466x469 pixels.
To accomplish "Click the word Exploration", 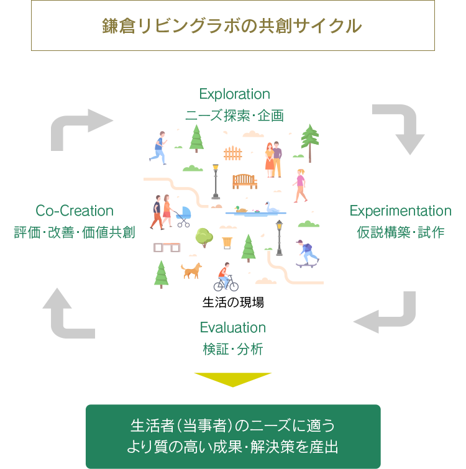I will pyautogui.click(x=234, y=94).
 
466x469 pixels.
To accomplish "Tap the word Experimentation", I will pyautogui.click(x=400, y=211).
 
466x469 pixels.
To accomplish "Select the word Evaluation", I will pyautogui.click(x=233, y=327).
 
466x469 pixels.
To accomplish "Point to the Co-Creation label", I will pyautogui.click(x=75, y=211).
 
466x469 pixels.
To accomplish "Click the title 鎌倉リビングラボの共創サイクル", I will pyautogui.click(x=232, y=26).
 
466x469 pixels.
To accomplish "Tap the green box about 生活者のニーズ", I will pyautogui.click(x=232, y=436).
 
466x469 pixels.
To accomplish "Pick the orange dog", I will pyautogui.click(x=192, y=270).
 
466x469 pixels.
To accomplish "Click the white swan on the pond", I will pyautogui.click(x=271, y=207).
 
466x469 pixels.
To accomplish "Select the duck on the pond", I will pyautogui.click(x=240, y=209).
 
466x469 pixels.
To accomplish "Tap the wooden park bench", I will pyautogui.click(x=244, y=181).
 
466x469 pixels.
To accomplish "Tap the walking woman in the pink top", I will pyautogui.click(x=301, y=185).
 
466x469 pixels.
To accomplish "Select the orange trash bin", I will pyautogui.click(x=227, y=239).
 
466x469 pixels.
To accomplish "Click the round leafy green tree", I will pyautogui.click(x=204, y=236).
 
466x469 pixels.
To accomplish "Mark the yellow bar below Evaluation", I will pyautogui.click(x=232, y=380).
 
